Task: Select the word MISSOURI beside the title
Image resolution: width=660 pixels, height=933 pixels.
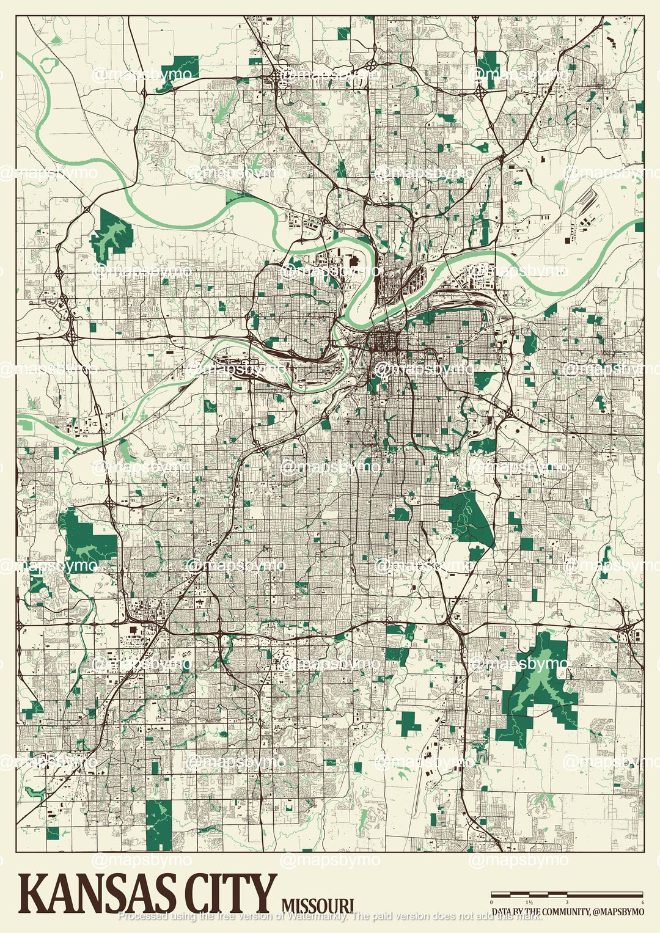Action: [317, 906]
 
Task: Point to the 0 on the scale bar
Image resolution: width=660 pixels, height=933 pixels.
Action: [492, 902]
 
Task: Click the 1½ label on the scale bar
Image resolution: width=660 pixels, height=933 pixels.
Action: [529, 902]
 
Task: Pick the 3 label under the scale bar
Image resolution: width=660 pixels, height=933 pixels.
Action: [567, 902]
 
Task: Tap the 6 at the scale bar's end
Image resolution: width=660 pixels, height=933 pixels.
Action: [642, 902]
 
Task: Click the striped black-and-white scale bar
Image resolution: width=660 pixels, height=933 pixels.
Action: [567, 895]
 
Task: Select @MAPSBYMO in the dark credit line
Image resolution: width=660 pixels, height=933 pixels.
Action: [618, 912]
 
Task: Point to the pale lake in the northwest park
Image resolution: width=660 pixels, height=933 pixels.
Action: [112, 235]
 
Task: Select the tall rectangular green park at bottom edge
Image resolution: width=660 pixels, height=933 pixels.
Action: [159, 824]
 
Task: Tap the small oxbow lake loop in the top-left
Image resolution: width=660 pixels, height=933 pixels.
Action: [49, 64]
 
